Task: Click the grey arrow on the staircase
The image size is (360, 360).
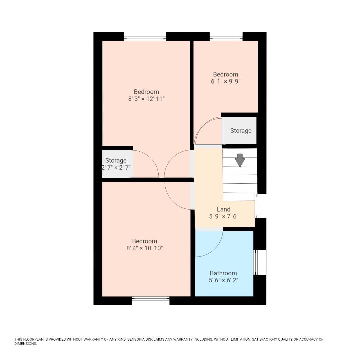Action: point(240,160)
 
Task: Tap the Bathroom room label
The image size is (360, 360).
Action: point(223,273)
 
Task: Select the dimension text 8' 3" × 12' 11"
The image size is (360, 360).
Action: point(146,99)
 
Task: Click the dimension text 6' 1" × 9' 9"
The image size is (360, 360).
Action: point(226,81)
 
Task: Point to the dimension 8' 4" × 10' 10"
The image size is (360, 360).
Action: point(144,248)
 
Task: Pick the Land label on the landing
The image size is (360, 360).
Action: point(224,209)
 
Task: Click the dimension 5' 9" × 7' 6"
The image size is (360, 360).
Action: point(224,216)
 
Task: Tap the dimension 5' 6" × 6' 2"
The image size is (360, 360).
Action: point(223,280)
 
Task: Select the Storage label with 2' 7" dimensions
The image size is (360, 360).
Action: point(116,160)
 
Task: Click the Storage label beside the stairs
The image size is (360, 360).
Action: point(241,131)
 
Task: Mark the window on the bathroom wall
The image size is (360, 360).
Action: point(260,262)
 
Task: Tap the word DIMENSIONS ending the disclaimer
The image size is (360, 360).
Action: point(25,344)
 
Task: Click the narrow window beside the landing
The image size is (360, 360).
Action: point(256,206)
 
